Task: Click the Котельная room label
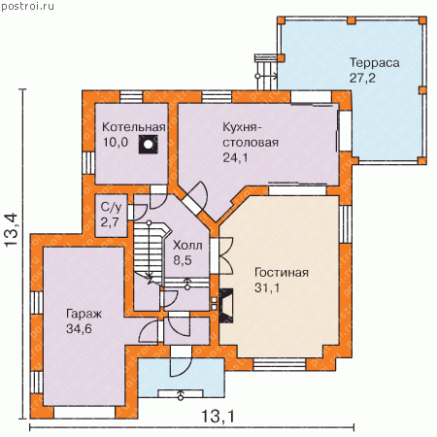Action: (x=134, y=127)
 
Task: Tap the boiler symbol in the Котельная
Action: (x=149, y=145)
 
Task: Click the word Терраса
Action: (x=374, y=63)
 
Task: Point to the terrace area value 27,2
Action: (x=362, y=78)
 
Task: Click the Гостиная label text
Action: (x=282, y=273)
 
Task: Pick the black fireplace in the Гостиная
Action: (x=226, y=306)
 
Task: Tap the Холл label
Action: (x=187, y=246)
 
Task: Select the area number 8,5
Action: (x=183, y=260)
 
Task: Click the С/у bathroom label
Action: (x=111, y=208)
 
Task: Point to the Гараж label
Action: (x=84, y=314)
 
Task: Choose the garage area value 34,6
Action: (x=79, y=329)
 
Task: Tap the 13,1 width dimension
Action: (x=218, y=416)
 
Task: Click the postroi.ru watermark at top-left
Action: (x=27, y=6)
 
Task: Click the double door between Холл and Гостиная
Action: (x=225, y=255)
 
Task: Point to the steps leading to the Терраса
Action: (x=266, y=72)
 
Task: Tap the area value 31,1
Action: (x=267, y=287)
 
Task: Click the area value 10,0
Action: (x=116, y=142)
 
